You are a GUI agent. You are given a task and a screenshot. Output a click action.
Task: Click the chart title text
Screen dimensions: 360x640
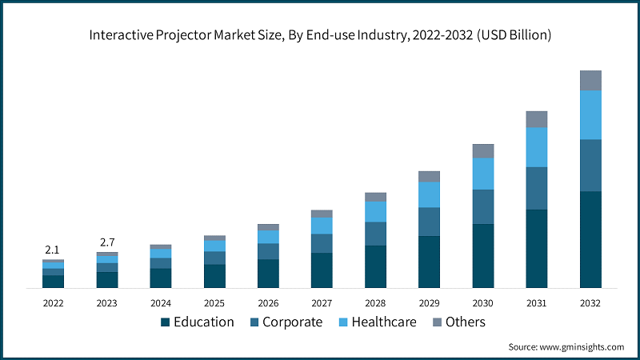[x=320, y=35]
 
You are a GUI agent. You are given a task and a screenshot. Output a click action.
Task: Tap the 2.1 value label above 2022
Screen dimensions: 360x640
[x=53, y=250]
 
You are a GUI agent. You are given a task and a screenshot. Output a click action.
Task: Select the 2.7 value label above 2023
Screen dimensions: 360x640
[x=106, y=242]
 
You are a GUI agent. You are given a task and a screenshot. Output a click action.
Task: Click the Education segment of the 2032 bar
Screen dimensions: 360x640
[x=590, y=239]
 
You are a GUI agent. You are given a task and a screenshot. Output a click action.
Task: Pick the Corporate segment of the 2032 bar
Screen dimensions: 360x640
[x=590, y=166]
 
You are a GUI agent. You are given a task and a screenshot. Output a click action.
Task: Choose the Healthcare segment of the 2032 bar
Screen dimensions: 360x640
[x=590, y=115]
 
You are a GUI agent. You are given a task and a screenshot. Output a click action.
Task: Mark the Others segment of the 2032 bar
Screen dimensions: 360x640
[x=590, y=80]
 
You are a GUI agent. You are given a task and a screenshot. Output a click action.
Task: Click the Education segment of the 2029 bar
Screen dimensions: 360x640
[x=430, y=262]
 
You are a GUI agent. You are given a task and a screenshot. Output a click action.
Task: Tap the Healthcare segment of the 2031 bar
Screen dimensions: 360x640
[x=537, y=147]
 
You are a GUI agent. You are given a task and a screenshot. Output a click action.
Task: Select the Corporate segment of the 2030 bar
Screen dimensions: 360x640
[x=483, y=206]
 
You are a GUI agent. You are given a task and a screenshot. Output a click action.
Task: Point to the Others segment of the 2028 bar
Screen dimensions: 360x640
[x=376, y=197]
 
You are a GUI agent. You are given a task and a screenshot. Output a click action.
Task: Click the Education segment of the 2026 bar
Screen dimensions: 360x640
[x=269, y=274]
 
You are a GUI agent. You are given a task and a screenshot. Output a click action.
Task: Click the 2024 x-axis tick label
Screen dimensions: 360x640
[x=160, y=303]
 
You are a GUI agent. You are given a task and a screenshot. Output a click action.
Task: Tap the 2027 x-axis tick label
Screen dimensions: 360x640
[x=322, y=303]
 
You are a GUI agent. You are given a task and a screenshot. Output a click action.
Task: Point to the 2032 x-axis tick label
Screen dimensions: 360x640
[x=590, y=303]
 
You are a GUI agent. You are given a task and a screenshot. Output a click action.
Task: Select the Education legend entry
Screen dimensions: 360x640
[x=198, y=322]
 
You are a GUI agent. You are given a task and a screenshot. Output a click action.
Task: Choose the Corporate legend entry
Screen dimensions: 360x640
[x=286, y=322]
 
